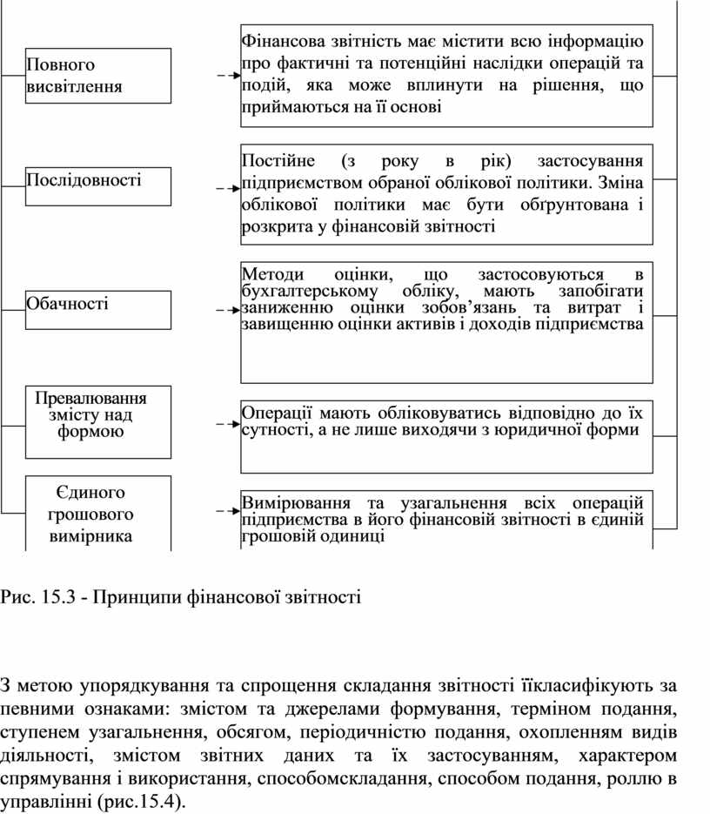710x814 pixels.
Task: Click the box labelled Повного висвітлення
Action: point(97,76)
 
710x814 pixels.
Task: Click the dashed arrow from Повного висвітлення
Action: point(226,76)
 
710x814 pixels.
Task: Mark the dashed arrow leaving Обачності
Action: point(226,309)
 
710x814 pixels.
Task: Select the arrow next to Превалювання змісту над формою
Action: point(226,424)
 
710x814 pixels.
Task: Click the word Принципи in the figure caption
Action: point(131,598)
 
